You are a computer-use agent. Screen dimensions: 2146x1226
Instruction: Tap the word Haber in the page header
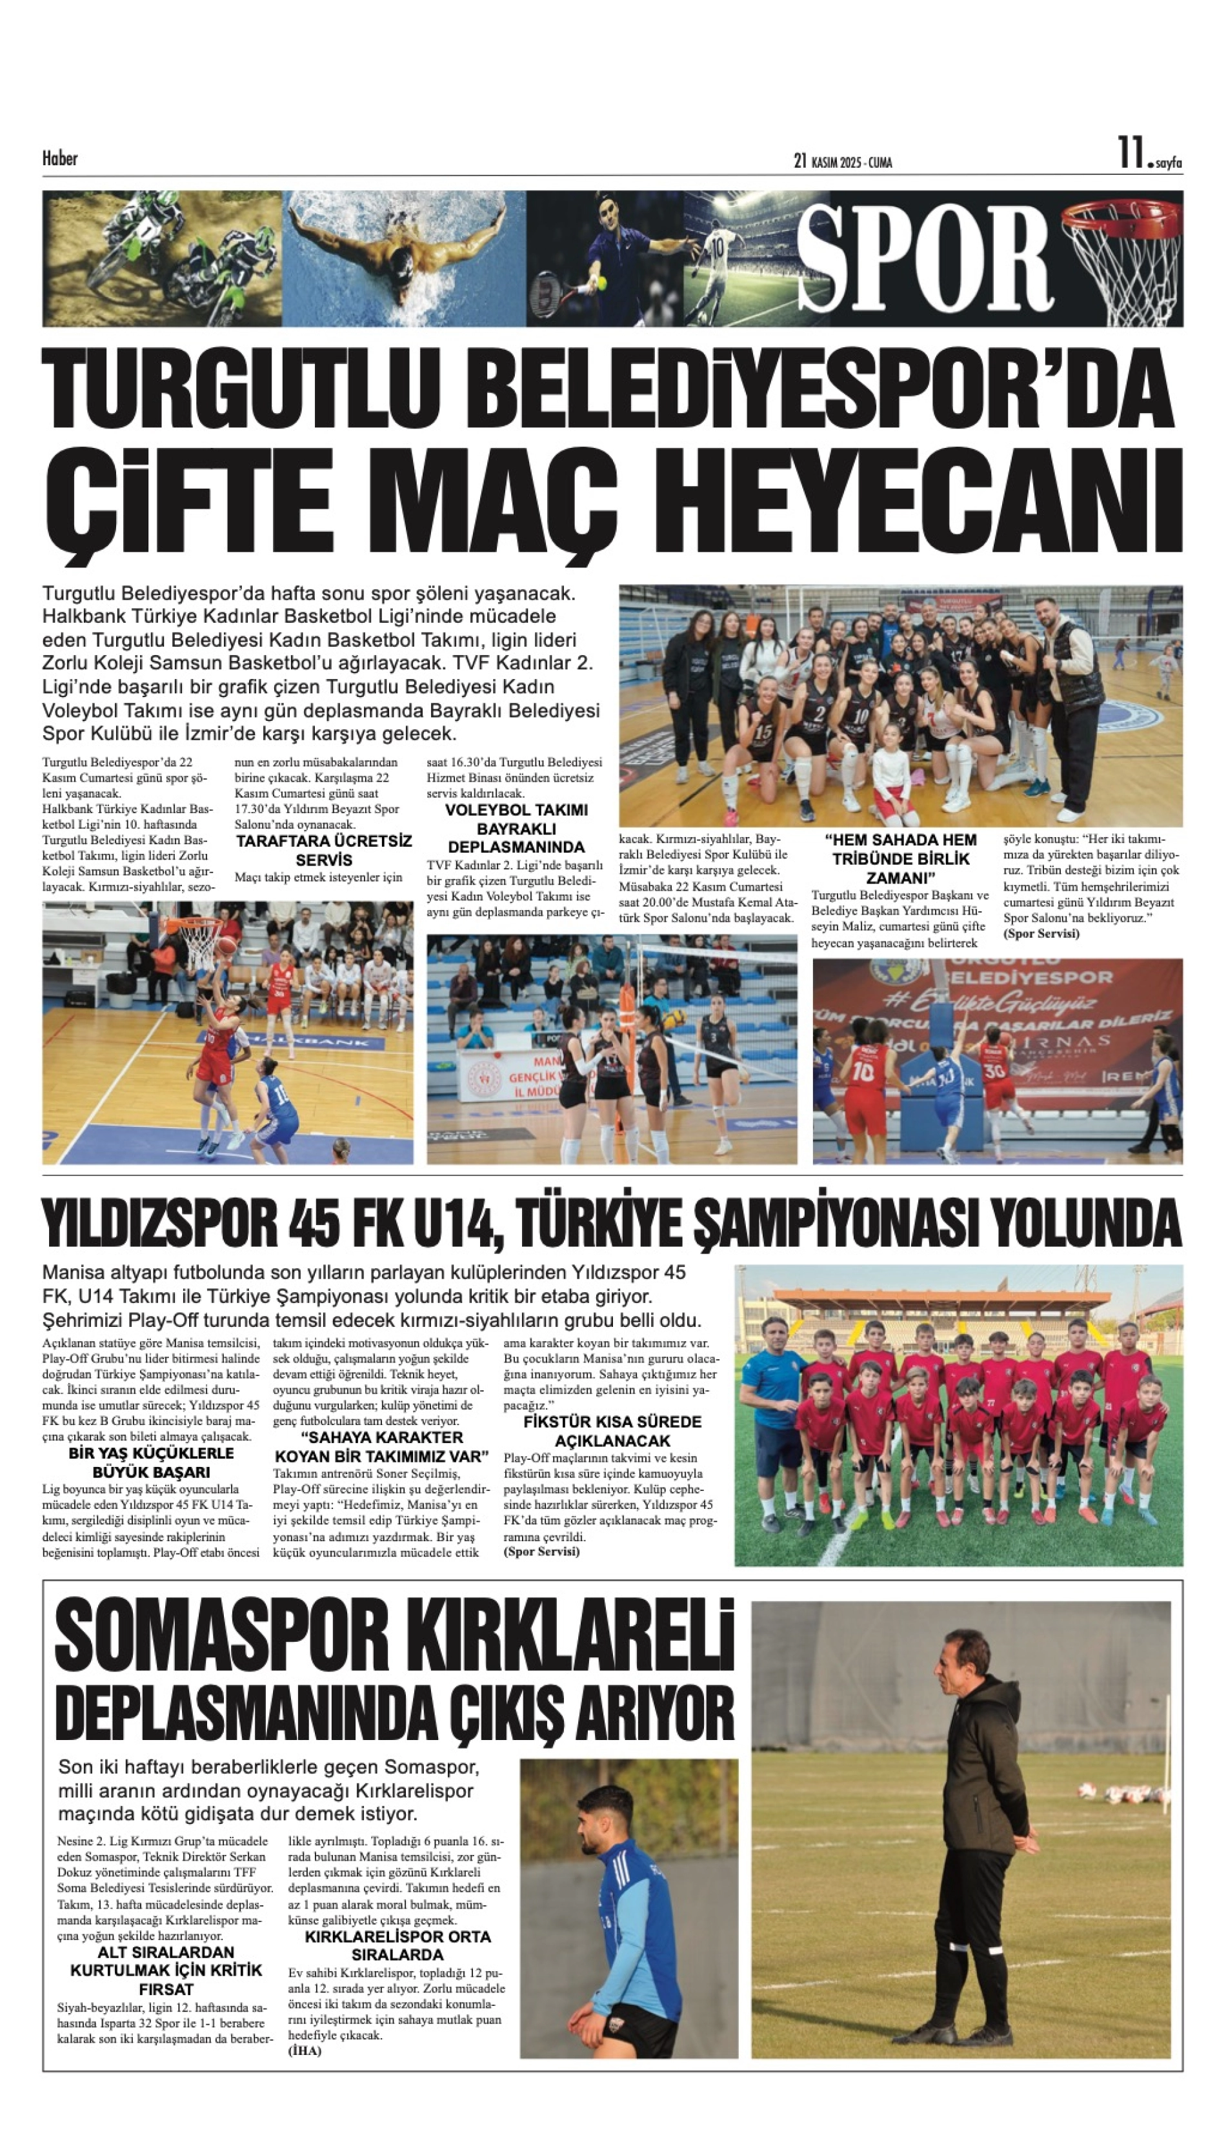(60, 158)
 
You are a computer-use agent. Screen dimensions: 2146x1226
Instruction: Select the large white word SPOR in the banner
(924, 258)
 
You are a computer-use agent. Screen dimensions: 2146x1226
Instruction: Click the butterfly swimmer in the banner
(404, 252)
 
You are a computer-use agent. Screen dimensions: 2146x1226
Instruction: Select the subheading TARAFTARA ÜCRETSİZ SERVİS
(323, 851)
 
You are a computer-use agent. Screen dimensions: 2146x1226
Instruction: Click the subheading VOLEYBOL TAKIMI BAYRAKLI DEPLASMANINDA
(516, 829)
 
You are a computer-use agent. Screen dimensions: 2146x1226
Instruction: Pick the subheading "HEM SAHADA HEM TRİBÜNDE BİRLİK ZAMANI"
(900, 858)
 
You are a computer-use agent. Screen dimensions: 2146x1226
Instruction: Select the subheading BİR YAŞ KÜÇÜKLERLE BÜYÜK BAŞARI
(152, 1463)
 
